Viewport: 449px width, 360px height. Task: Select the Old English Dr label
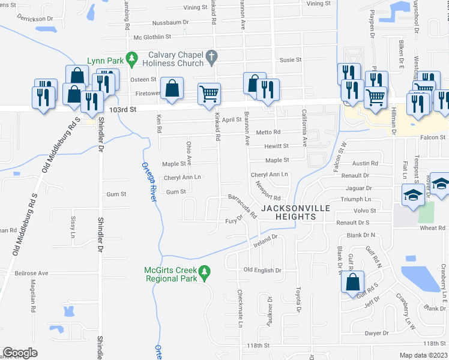pyautogui.click(x=262, y=271)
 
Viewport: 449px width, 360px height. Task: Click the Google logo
pyautogui.click(x=20, y=353)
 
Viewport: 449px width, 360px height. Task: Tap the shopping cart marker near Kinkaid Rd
pyautogui.click(x=209, y=93)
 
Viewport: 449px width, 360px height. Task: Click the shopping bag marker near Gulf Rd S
pyautogui.click(x=354, y=282)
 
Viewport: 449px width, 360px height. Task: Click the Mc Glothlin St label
pyautogui.click(x=152, y=37)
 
